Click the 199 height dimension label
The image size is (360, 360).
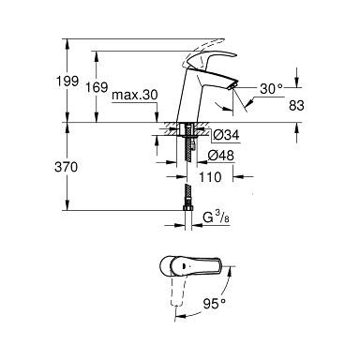click(x=67, y=81)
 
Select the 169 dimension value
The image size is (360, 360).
click(x=97, y=87)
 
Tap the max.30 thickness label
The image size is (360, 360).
click(x=135, y=95)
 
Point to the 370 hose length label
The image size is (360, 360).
click(x=66, y=167)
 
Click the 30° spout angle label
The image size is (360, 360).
click(x=271, y=89)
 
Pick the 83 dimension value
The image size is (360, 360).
click(x=296, y=106)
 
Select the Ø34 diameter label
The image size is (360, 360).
click(x=226, y=135)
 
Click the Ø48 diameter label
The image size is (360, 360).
click(x=221, y=156)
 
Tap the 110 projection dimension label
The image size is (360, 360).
click(x=210, y=177)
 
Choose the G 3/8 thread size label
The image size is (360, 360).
click(x=217, y=217)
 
